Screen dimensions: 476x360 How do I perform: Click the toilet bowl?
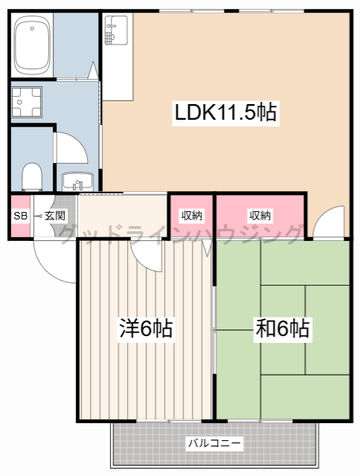(31, 177)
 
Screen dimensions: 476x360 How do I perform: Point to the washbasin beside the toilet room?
(76, 181)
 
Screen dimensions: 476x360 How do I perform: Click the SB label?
(19, 216)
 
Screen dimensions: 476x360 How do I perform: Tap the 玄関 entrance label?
(54, 216)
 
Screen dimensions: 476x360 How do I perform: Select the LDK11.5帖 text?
(225, 112)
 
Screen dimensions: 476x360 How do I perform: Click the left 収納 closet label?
(192, 216)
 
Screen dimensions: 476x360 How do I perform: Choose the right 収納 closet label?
(260, 216)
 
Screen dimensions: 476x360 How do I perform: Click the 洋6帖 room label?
(146, 328)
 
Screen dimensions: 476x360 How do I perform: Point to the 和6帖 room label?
(283, 328)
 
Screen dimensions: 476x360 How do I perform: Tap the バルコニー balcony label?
(213, 443)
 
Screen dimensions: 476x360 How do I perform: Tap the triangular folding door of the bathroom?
(94, 72)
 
